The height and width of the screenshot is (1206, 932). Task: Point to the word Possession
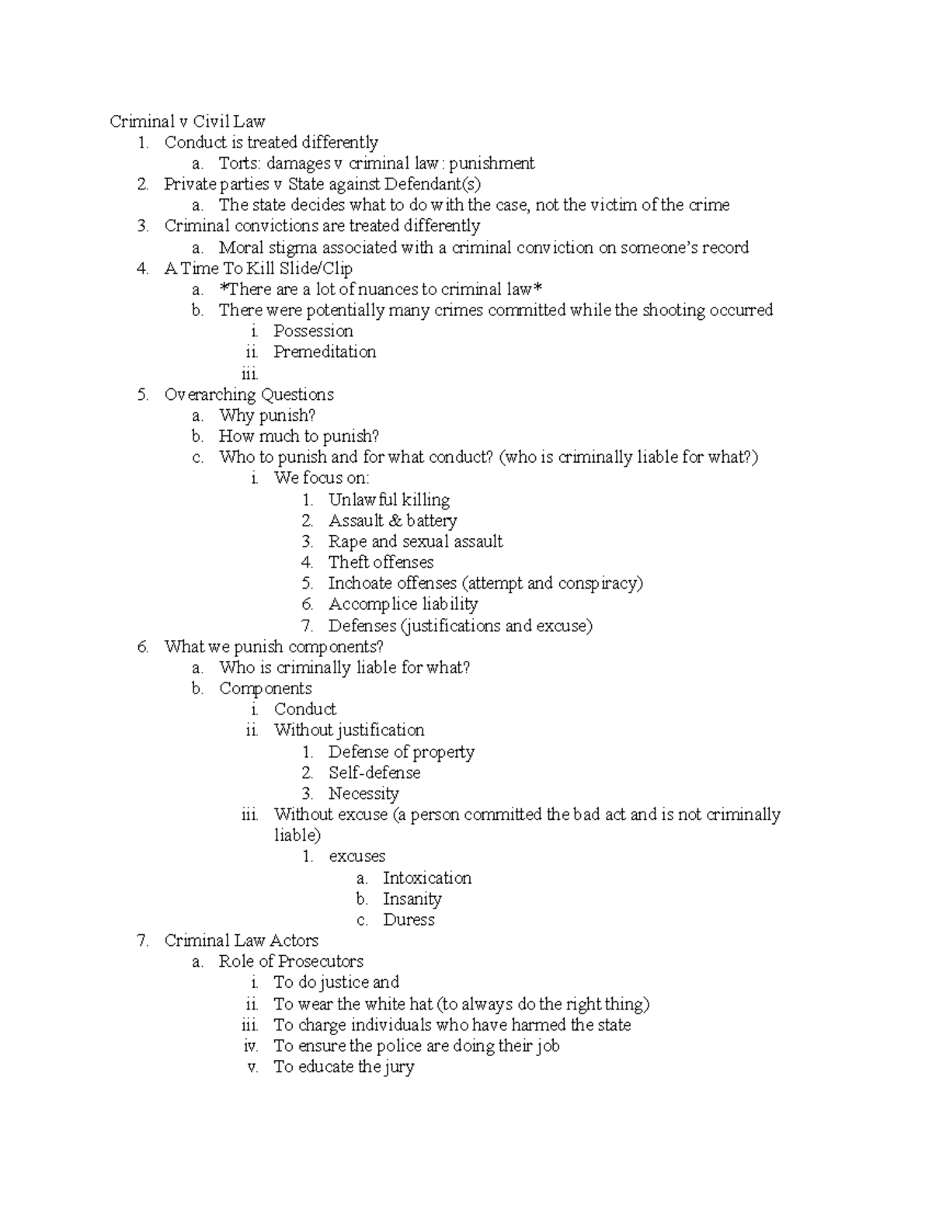pos(313,331)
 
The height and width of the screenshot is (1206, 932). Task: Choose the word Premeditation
pos(325,352)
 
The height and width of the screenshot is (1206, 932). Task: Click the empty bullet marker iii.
pos(249,374)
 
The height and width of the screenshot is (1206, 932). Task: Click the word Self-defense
pos(374,773)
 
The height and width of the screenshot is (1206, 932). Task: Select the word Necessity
pos(363,794)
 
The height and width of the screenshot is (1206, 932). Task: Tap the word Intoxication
pos(427,878)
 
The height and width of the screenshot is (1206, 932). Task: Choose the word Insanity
pos(412,899)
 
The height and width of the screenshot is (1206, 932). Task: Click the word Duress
pos(409,920)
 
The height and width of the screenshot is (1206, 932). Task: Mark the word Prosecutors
pos(321,961)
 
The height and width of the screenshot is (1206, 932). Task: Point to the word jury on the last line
pos(398,1067)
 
